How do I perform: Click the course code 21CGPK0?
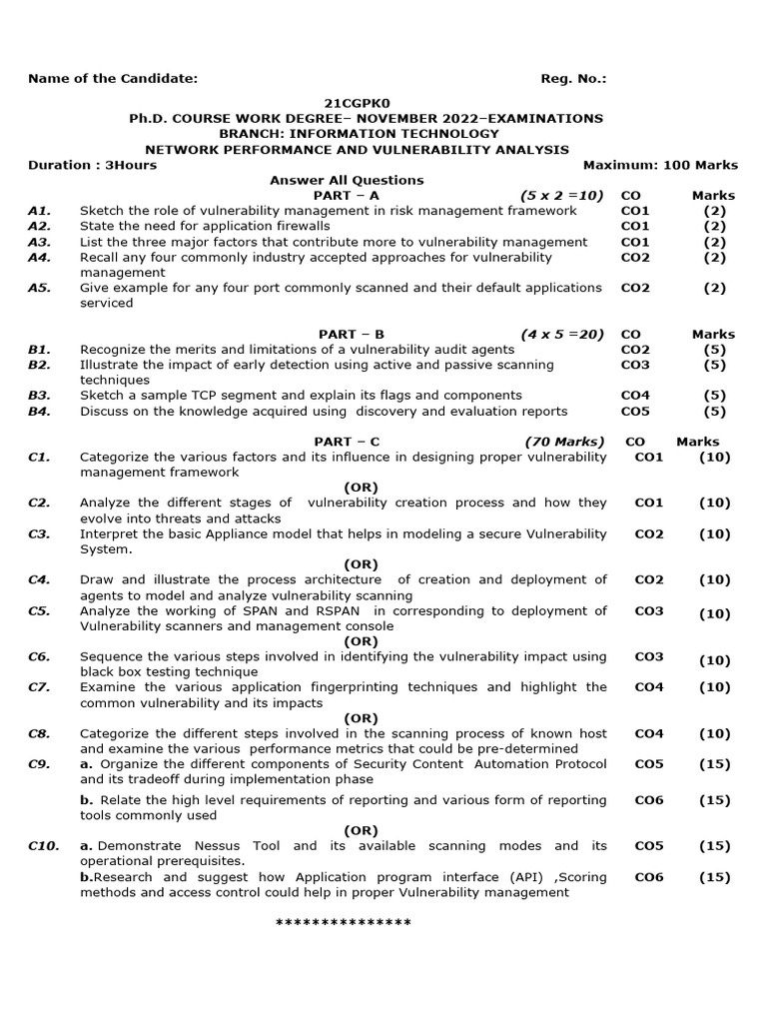[x=366, y=103]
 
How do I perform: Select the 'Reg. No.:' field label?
[x=573, y=79]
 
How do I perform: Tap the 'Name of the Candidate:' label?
[x=113, y=79]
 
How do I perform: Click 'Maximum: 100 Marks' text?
[x=660, y=165]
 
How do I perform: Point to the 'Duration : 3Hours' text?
[x=92, y=165]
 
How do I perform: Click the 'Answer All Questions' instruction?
[x=347, y=180]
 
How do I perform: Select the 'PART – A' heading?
[x=347, y=196]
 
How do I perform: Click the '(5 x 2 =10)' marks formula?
[x=561, y=196]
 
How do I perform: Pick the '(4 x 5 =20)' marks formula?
[x=561, y=334]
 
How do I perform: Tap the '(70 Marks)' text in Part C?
[x=564, y=442]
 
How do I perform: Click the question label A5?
[x=39, y=288]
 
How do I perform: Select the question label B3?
[x=39, y=396]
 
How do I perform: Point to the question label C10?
[x=43, y=846]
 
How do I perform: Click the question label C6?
[x=39, y=657]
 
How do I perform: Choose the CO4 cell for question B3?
[x=634, y=396]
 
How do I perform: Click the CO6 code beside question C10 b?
[x=648, y=877]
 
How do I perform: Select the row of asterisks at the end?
[x=343, y=922]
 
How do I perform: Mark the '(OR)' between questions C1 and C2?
[x=361, y=488]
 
